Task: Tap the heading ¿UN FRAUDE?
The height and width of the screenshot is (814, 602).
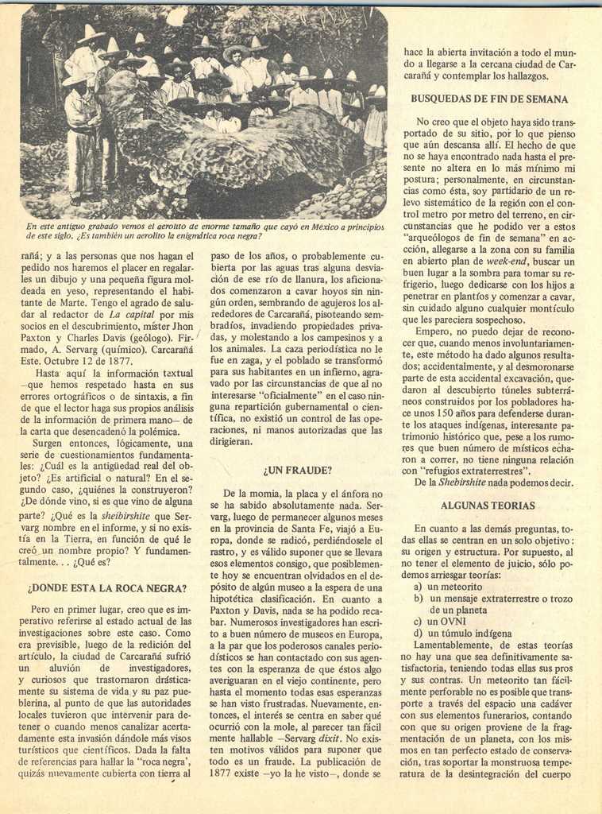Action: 297,471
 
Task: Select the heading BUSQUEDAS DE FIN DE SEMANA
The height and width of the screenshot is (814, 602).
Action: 489,99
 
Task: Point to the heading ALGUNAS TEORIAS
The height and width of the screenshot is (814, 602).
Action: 488,506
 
